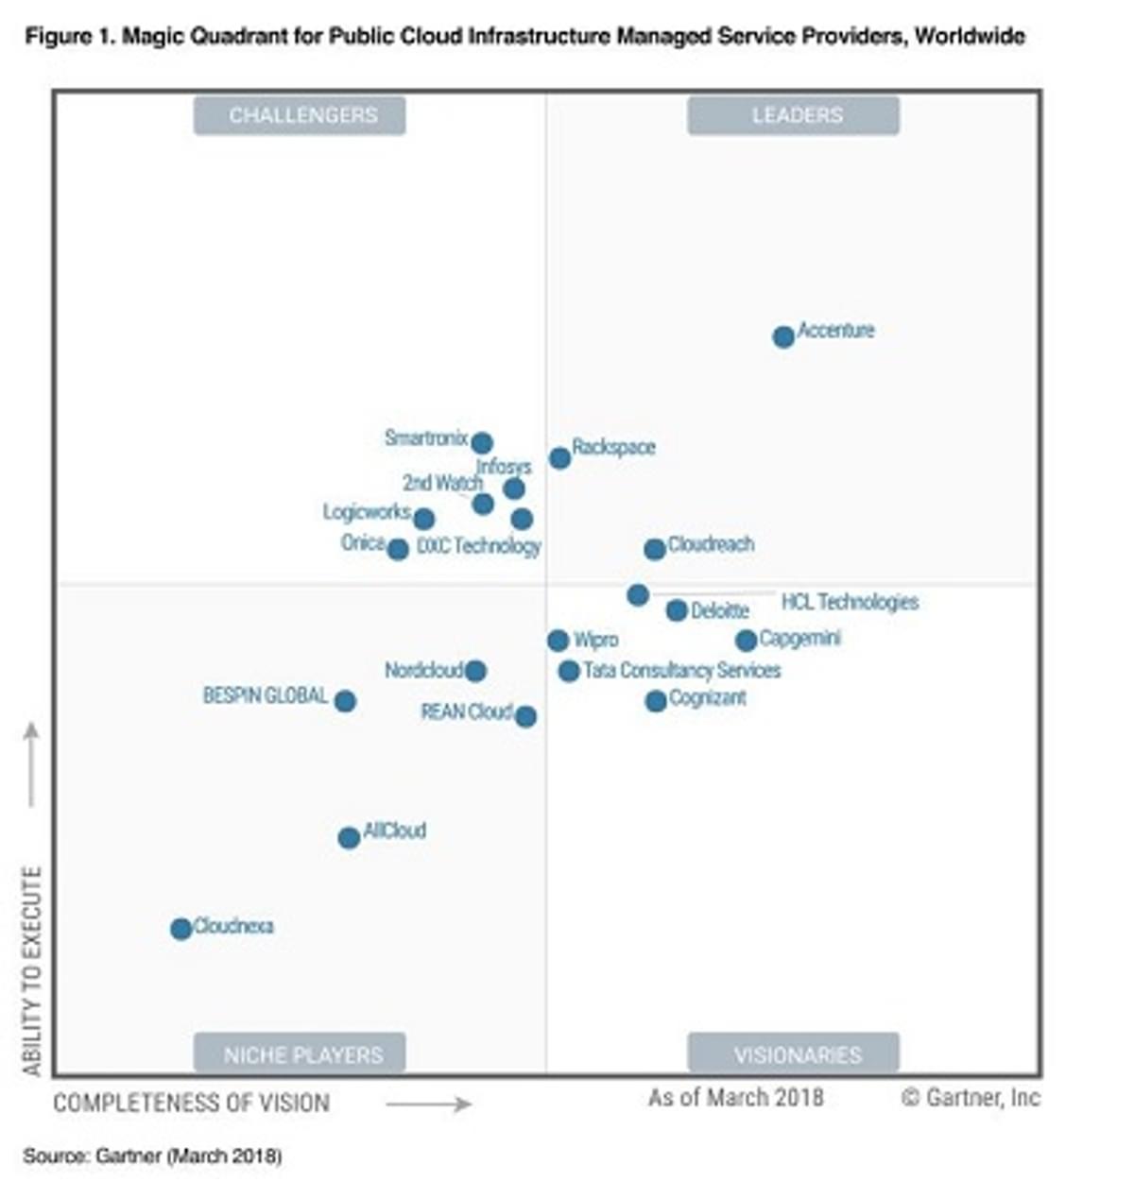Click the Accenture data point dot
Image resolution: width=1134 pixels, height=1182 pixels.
coord(783,336)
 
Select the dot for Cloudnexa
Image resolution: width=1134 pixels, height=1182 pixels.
coord(180,929)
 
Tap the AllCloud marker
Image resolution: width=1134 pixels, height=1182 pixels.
coord(349,837)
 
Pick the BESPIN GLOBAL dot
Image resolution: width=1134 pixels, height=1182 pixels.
coord(345,701)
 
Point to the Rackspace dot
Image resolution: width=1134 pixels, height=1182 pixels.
coord(559,458)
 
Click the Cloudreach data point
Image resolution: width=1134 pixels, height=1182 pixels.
coord(654,549)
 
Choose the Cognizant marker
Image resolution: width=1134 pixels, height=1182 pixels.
coord(656,701)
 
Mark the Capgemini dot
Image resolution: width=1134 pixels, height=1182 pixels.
coord(746,641)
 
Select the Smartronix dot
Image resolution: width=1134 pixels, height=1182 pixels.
coord(482,442)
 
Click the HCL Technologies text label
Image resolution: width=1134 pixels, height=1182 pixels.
coord(850,602)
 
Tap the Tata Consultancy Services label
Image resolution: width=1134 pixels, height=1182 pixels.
coord(682,670)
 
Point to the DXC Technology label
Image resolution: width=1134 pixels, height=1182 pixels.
coord(479,546)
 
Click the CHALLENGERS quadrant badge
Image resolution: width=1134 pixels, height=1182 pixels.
coord(300,115)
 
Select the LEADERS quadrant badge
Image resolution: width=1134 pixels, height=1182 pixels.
coord(794,115)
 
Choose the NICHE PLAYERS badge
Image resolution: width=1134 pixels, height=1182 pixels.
coord(300,1054)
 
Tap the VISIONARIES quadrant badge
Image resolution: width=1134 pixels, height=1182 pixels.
coord(794,1054)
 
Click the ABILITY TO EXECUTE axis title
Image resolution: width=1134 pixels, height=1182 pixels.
coord(32,971)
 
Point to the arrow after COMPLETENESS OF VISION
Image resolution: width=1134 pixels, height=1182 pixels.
coord(428,1104)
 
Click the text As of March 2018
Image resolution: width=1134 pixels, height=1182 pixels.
coord(735,1097)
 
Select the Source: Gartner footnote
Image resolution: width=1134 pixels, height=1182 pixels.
coord(152,1156)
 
